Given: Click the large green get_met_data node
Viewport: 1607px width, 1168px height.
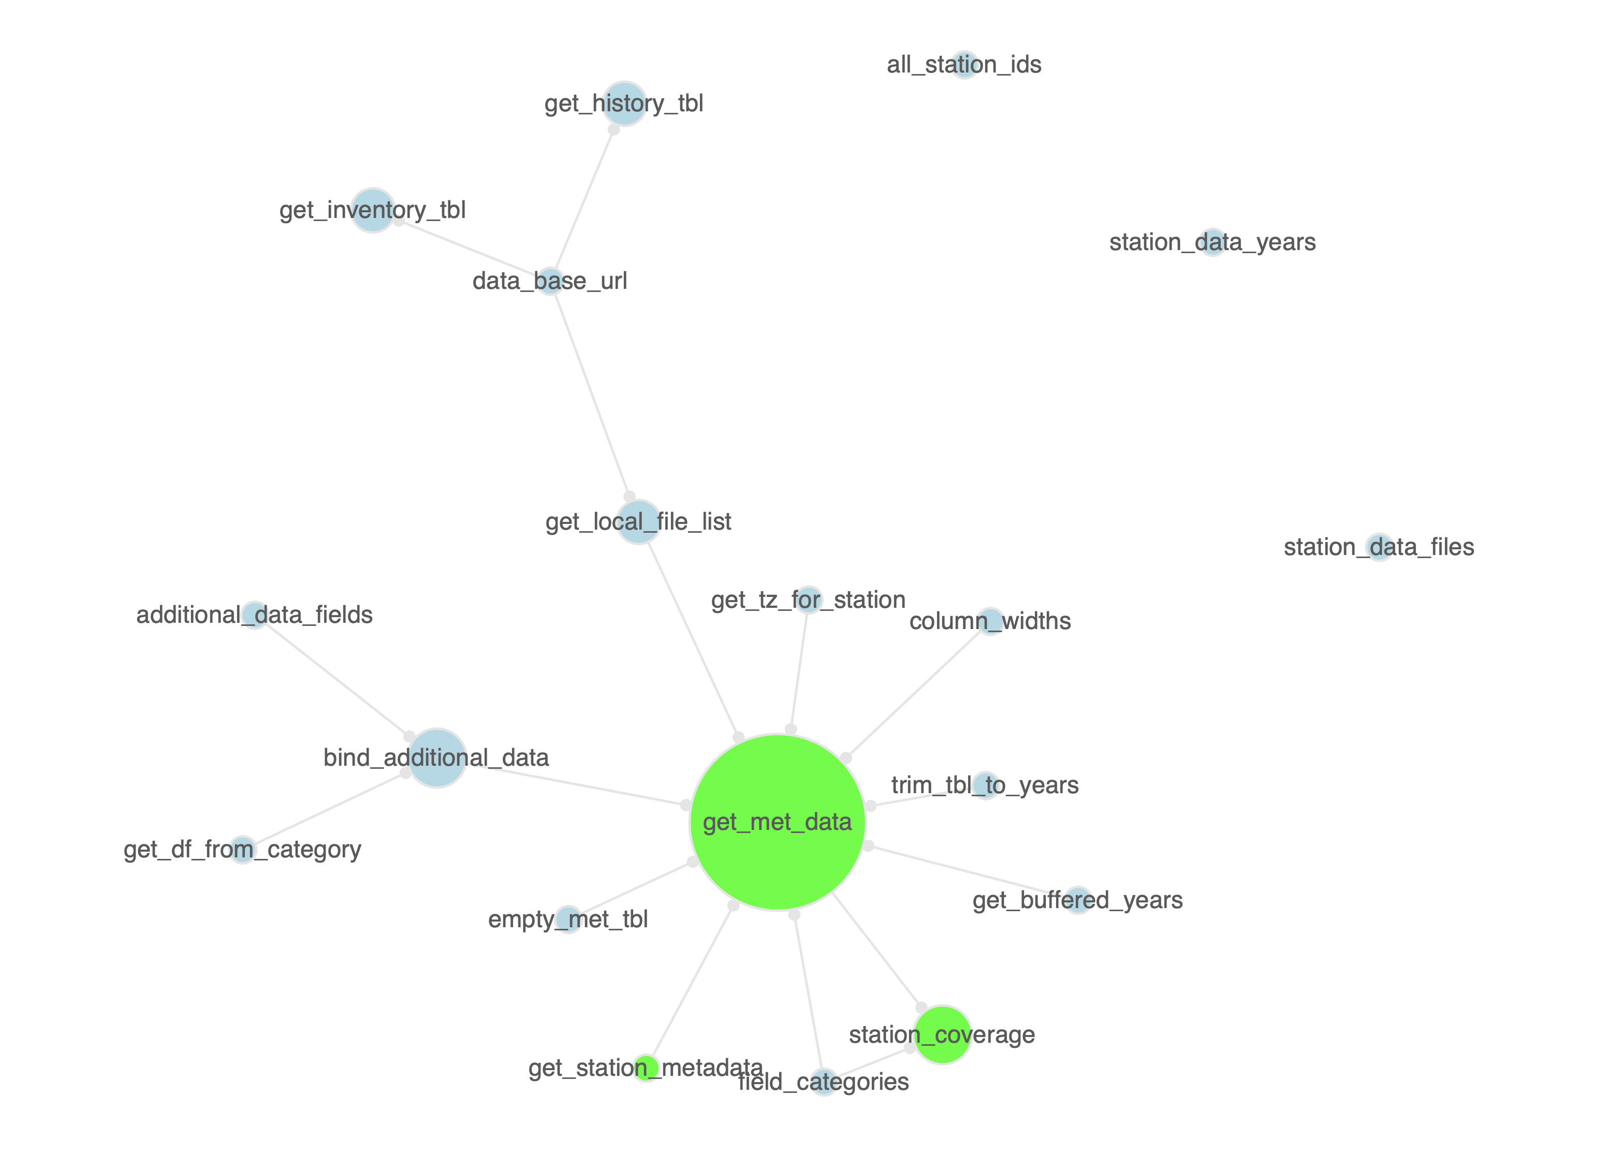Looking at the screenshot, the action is [777, 822].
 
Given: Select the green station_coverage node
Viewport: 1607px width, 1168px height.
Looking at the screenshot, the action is [942, 1035].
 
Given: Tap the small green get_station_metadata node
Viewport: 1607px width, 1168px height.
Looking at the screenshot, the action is [646, 1068].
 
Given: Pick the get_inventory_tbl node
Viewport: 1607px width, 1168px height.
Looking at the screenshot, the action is [373, 210].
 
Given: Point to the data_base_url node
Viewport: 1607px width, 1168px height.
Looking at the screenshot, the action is [550, 281].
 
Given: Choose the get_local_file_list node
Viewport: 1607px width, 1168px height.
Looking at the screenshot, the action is [638, 522].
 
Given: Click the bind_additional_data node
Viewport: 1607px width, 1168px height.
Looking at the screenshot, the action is [436, 757].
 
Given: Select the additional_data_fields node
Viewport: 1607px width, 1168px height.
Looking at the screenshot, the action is [254, 615].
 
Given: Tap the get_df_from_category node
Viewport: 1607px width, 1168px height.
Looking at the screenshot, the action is [242, 849].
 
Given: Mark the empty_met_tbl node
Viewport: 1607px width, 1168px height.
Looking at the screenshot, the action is [568, 919].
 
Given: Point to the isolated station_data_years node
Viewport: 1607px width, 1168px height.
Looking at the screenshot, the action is [1213, 242].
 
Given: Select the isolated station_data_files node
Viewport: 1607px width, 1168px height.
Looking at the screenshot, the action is [1379, 547].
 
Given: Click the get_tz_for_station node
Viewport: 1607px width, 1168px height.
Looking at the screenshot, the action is [809, 600].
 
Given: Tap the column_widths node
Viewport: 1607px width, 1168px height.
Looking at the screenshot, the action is [990, 621].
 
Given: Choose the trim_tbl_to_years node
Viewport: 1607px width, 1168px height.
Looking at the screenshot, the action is [986, 785].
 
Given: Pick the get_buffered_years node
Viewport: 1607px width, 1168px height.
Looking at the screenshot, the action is [1078, 900].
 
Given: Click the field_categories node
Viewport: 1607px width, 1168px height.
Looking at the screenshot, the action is [823, 1082].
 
